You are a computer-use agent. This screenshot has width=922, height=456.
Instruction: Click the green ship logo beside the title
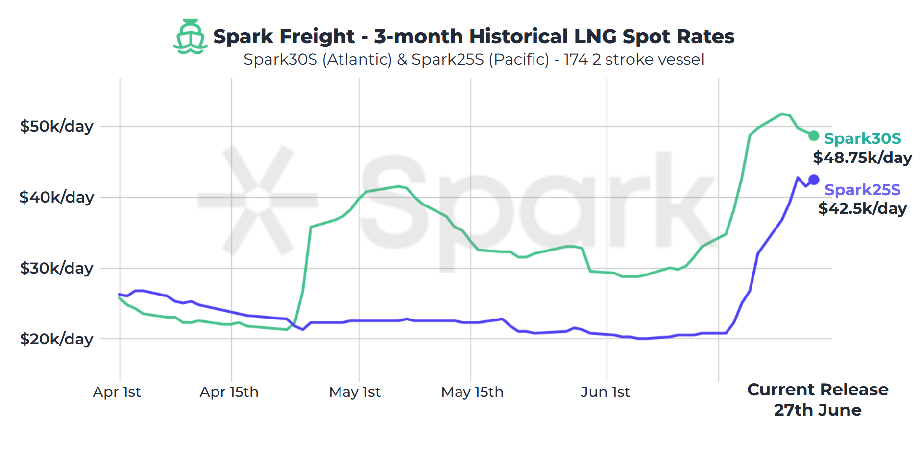[190, 37]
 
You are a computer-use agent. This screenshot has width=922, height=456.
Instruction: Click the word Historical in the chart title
[518, 37]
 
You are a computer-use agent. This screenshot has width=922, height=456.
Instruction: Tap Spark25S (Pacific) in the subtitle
[480, 59]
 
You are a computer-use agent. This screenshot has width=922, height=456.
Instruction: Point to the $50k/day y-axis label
[56, 126]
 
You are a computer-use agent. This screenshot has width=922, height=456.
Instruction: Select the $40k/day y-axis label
[56, 197]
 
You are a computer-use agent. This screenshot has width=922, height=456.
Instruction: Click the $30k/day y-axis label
[56, 268]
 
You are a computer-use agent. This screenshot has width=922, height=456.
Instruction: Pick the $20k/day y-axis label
[56, 339]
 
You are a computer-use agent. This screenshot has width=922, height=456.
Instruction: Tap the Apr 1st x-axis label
[117, 392]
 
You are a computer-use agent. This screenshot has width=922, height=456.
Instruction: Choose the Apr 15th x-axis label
[229, 392]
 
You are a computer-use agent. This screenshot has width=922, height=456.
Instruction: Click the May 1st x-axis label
[355, 392]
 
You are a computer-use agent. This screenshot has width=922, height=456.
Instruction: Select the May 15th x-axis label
[472, 392]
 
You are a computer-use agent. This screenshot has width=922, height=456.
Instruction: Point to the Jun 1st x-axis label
[605, 392]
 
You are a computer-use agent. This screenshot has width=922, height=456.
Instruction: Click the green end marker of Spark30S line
[813, 136]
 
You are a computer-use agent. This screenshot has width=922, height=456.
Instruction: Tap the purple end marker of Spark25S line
[814, 180]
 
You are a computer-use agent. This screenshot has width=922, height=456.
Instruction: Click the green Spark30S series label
[862, 138]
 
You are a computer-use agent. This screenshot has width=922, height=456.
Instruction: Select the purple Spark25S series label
[862, 190]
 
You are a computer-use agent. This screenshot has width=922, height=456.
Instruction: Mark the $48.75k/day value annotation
[862, 158]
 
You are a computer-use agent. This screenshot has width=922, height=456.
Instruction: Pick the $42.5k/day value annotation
[862, 208]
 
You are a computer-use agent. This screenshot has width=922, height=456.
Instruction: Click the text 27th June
[817, 410]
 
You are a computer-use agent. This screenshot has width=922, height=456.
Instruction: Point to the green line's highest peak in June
[782, 114]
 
